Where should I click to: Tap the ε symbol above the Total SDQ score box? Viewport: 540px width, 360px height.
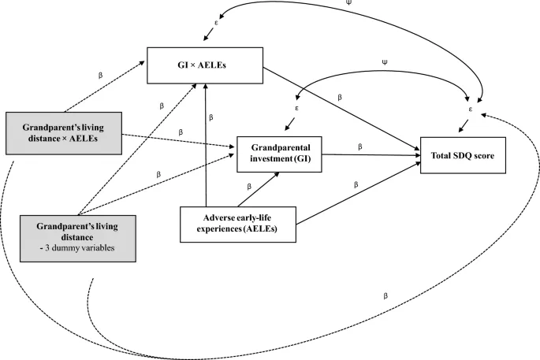click(471, 108)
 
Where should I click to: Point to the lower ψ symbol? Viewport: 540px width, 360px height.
click(383, 61)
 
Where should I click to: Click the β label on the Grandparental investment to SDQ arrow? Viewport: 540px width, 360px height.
click(359, 146)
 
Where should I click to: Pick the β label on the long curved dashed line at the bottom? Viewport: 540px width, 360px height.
click(384, 296)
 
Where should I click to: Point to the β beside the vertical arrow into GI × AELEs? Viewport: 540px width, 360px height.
click(211, 117)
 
